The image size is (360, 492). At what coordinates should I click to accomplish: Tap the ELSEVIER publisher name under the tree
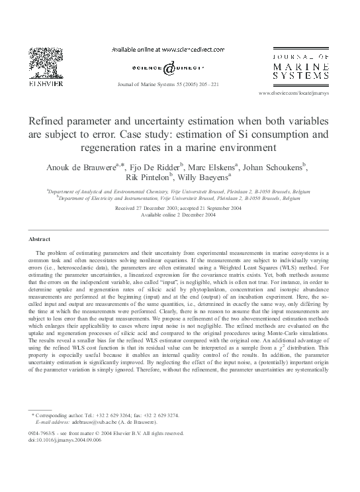pyautogui.click(x=46, y=85)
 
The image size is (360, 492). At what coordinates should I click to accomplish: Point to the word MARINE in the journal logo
pyautogui.click(x=302, y=67)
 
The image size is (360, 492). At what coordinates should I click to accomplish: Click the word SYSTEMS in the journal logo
pyautogui.click(x=302, y=79)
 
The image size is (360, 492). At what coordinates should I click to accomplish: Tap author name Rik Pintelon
pyautogui.click(x=148, y=177)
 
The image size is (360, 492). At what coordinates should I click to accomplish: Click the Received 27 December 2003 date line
pyautogui.click(x=179, y=208)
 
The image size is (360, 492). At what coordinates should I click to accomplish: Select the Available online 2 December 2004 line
pyautogui.click(x=179, y=215)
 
